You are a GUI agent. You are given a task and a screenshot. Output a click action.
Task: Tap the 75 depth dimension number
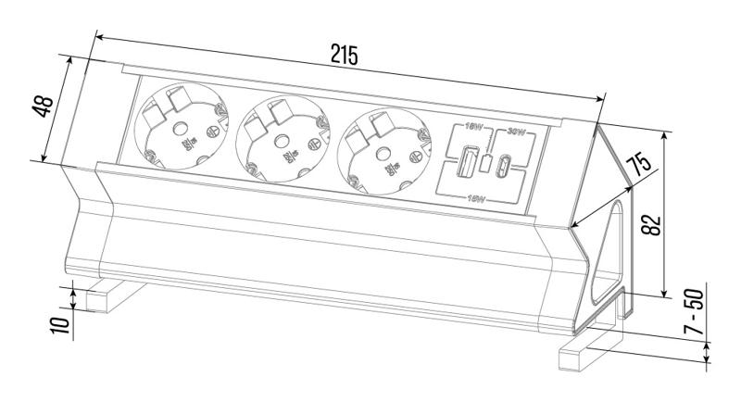click(x=634, y=168)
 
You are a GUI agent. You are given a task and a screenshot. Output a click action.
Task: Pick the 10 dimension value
click(x=60, y=323)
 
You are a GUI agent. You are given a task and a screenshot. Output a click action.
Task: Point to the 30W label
click(x=512, y=132)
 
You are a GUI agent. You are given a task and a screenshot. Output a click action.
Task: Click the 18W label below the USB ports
click(x=478, y=196)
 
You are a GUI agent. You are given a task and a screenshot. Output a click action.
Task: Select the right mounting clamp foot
click(x=593, y=352)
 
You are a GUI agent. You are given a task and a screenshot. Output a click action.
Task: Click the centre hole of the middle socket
click(x=279, y=140)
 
